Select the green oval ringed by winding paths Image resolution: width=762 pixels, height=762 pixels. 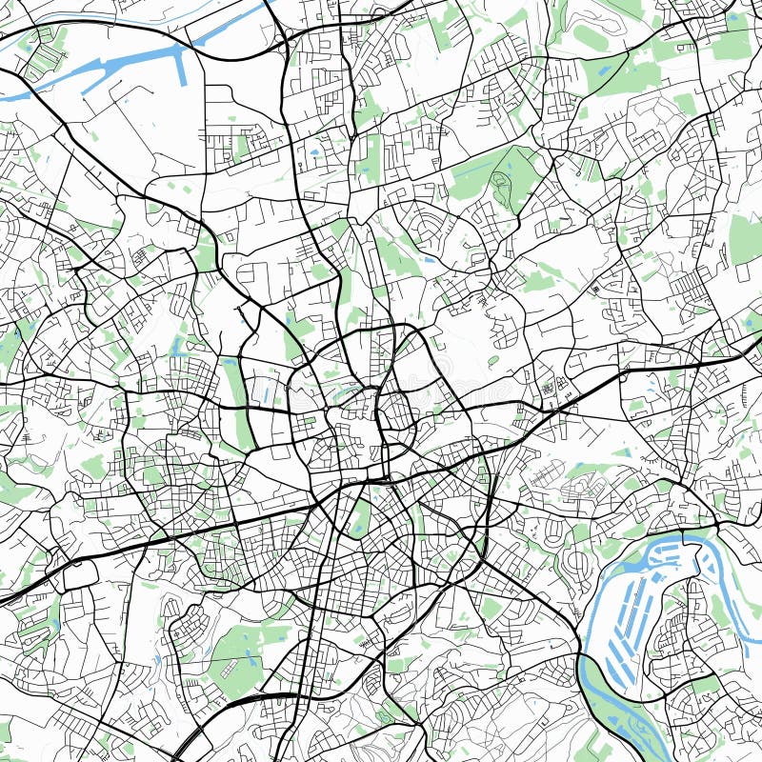[x=591, y=38]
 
